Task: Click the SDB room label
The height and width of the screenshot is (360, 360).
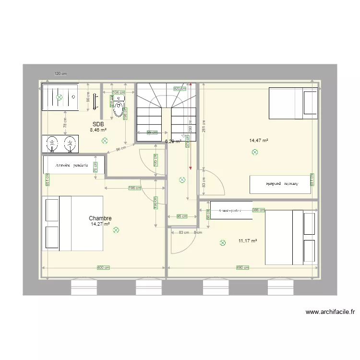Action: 98,124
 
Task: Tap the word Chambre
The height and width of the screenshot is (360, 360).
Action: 100,218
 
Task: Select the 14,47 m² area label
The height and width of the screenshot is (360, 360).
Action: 258,141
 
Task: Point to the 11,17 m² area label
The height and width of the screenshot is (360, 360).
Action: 248,241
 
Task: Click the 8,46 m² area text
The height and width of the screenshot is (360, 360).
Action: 98,130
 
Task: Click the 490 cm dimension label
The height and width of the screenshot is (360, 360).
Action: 243,268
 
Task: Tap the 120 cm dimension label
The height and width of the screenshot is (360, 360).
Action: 60,74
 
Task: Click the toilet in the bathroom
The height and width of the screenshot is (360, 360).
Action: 119,108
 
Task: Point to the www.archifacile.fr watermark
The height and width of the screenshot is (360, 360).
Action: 330,312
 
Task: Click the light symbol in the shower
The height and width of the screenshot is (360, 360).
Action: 60,97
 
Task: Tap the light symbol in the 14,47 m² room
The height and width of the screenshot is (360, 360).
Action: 254,153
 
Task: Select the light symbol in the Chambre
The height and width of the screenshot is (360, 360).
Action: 116,230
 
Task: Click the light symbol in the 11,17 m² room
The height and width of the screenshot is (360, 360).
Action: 222,243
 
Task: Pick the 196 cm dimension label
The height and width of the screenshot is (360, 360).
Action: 135,188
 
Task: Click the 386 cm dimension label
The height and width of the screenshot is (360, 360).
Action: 259,210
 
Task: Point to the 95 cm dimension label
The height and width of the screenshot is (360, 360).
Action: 181,216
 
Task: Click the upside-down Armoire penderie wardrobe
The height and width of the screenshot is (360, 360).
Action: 281,184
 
